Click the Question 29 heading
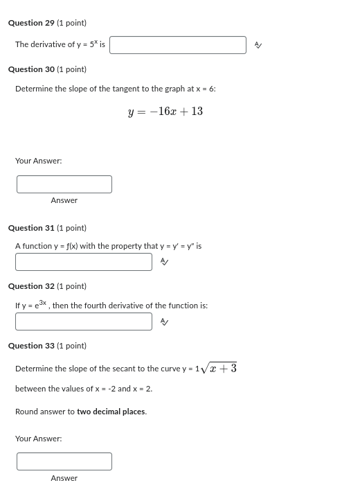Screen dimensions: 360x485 point(47,23)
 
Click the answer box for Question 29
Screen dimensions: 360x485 point(178,45)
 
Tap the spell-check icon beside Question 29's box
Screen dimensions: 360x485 point(258,45)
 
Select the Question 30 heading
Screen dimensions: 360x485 point(47,69)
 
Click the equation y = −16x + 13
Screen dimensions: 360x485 point(165,112)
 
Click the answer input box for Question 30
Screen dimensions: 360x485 point(64,184)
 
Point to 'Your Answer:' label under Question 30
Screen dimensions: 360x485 point(39,161)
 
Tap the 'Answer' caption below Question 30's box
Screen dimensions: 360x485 point(64,200)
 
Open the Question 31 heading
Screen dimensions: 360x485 point(47,228)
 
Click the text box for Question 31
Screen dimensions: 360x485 point(84,262)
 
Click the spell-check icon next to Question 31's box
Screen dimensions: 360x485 point(164,262)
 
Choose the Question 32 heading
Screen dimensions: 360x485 point(47,286)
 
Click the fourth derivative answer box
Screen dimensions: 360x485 point(84,321)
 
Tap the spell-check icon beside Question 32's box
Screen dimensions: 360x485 point(164,321)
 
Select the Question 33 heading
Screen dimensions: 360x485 point(47,346)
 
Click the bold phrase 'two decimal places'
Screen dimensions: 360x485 point(111,412)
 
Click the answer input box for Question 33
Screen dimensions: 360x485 point(64,461)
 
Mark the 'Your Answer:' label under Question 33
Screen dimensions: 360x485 point(39,439)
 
